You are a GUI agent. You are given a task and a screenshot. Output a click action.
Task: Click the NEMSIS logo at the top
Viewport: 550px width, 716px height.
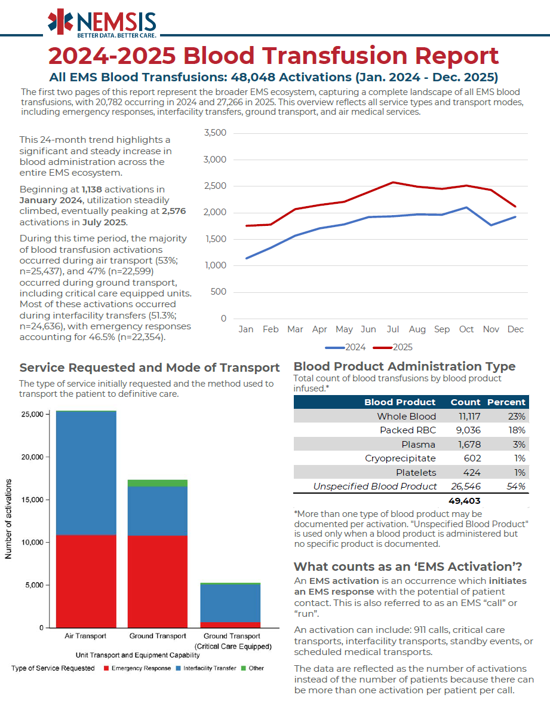click(102, 23)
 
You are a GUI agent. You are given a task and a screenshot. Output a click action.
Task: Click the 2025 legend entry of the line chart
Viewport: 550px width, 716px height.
click(392, 347)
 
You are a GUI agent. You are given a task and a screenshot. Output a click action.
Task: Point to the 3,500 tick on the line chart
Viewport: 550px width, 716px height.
click(215, 133)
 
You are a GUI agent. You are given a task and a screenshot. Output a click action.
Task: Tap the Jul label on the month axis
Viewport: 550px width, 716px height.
click(392, 329)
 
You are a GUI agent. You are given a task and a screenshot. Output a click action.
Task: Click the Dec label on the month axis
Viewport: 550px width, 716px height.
click(515, 329)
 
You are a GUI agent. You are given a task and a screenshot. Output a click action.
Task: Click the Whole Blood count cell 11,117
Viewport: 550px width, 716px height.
click(469, 417)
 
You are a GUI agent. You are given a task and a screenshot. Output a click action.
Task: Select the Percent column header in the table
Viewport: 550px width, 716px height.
click(506, 402)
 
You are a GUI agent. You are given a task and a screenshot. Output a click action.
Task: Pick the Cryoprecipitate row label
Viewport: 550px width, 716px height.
click(400, 458)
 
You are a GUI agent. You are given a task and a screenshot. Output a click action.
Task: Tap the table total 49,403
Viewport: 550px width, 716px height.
click(464, 501)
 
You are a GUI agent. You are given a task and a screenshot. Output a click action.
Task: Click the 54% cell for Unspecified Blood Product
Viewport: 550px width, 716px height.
click(516, 486)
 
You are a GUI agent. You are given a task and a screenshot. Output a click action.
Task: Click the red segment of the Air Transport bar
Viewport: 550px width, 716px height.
click(86, 581)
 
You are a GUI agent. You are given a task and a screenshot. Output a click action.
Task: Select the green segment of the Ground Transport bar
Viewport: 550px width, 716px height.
click(158, 483)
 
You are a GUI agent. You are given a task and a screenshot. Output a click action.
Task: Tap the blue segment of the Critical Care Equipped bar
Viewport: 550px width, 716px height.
click(231, 603)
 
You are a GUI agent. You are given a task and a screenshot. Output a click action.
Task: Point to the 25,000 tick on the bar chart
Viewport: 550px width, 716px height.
click(32, 414)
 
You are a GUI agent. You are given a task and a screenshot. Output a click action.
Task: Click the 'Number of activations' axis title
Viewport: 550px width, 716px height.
click(8, 519)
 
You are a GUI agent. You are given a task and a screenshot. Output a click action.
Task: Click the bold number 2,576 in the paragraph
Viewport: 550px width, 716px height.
click(174, 211)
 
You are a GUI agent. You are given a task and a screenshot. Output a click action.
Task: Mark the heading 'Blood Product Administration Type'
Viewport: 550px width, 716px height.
click(404, 366)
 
